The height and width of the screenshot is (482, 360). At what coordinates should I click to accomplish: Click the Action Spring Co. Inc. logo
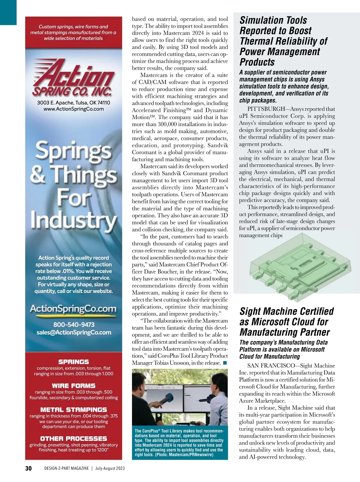click(x=73, y=77)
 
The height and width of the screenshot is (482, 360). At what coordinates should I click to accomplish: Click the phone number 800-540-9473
click(x=74, y=324)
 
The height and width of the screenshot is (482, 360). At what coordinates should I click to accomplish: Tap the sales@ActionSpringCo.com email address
click(x=74, y=332)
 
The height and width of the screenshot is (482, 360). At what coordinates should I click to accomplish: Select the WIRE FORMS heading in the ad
click(x=73, y=386)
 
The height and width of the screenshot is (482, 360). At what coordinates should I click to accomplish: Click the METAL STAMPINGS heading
click(x=73, y=410)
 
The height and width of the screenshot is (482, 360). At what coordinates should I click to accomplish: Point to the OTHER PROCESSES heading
click(x=73, y=438)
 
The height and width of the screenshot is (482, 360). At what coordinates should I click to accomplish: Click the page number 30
click(x=28, y=468)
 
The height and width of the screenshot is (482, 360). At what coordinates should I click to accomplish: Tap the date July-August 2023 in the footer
click(x=110, y=468)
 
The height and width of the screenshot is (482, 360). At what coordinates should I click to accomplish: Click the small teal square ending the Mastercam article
click(x=225, y=363)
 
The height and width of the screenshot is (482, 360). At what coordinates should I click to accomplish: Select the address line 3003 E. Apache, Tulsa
click(x=73, y=103)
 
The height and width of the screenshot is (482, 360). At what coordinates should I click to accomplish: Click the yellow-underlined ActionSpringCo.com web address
click(x=73, y=309)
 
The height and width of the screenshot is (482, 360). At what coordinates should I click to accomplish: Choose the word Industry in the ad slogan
click(x=73, y=220)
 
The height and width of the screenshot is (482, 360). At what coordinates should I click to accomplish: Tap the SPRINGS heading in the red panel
click(x=73, y=362)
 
